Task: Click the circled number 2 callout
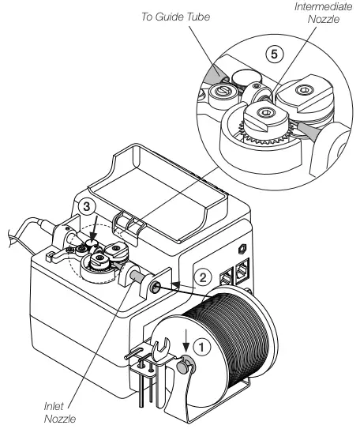[x=204, y=277]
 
